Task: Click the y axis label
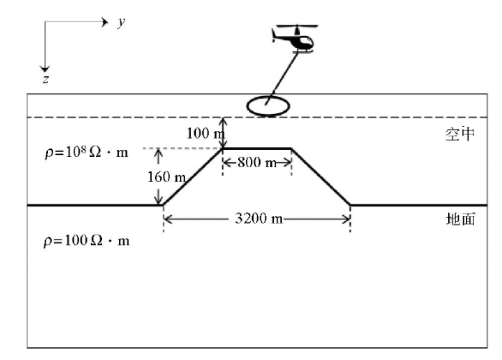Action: (x=121, y=22)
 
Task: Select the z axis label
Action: (x=46, y=79)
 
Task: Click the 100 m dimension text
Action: (x=206, y=133)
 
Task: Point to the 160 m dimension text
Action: (x=166, y=177)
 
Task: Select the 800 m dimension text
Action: (x=257, y=162)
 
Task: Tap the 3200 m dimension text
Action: (x=259, y=219)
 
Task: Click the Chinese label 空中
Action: (x=460, y=134)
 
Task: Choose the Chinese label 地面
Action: (x=460, y=219)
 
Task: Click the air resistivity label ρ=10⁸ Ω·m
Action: (x=87, y=153)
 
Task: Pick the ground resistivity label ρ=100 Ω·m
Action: (x=87, y=240)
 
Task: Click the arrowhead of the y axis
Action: (x=105, y=22)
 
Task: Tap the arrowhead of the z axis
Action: (x=44, y=68)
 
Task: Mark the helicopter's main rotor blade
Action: (x=297, y=25)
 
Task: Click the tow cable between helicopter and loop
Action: (x=282, y=78)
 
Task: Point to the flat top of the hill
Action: (x=257, y=148)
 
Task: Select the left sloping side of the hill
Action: (x=192, y=177)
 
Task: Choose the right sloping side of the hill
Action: (x=321, y=177)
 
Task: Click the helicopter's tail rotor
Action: (x=274, y=35)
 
